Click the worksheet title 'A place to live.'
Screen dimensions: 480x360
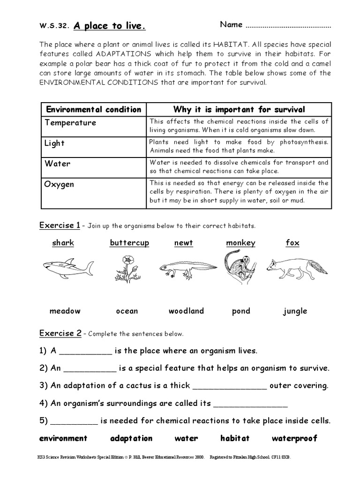point(108,27)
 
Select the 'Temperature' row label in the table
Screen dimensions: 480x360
point(70,123)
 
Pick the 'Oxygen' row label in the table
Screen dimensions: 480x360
point(59,184)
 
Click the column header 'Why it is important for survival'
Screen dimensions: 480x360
point(239,110)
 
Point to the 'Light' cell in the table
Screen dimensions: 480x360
point(54,143)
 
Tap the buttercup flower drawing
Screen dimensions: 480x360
point(127,267)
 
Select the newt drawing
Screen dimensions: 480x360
point(187,267)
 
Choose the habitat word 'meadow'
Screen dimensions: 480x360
point(65,311)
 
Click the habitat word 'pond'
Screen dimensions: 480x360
point(241,311)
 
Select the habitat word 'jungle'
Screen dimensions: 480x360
point(295,311)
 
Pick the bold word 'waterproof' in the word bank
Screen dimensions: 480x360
point(294,439)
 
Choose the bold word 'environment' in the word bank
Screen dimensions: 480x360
point(63,439)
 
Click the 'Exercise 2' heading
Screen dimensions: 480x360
point(60,334)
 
